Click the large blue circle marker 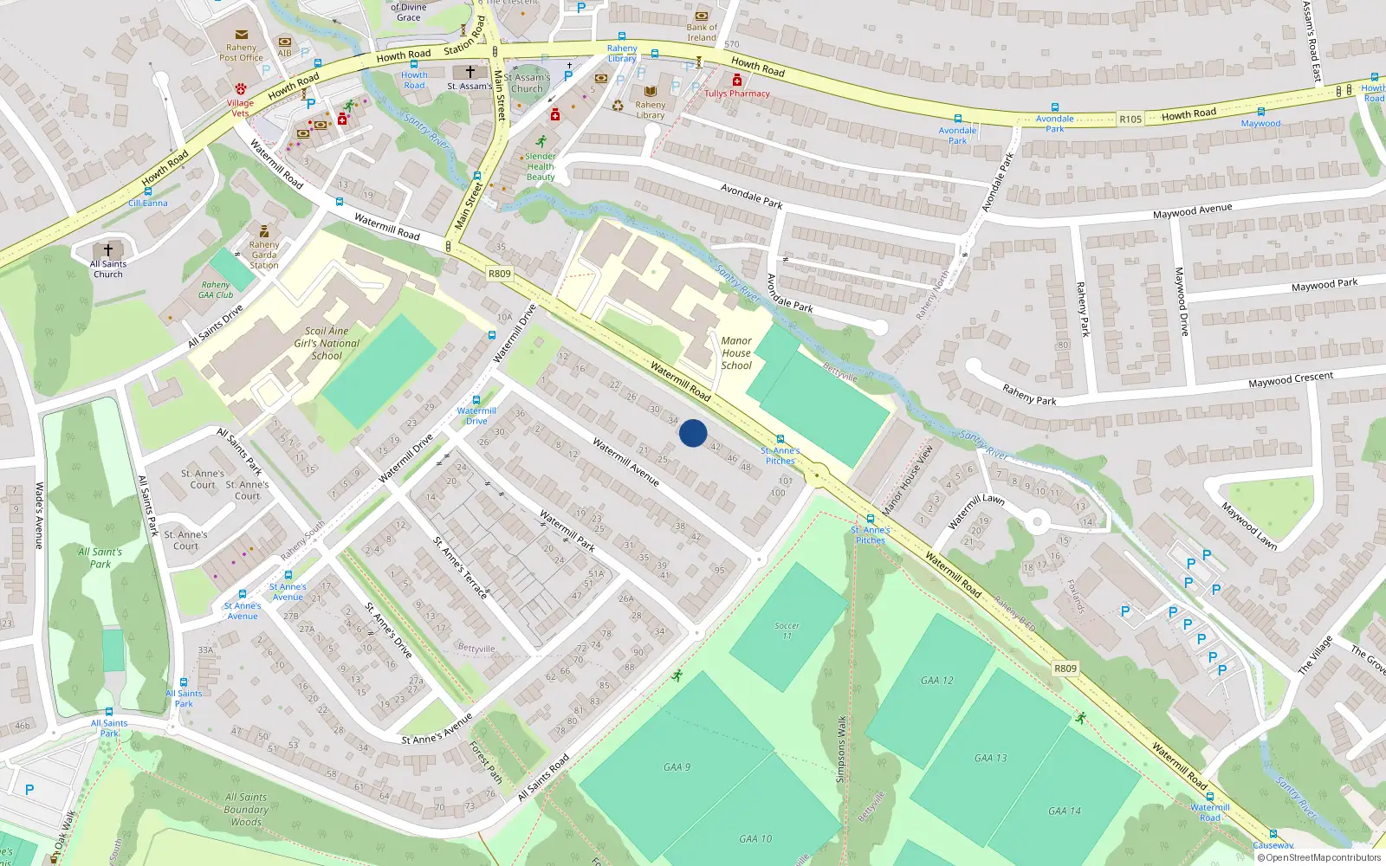(693, 433)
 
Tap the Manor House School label (736, 353)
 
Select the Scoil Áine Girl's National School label (327, 343)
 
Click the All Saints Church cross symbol (108, 249)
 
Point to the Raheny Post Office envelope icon (242, 36)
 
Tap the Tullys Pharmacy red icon (737, 81)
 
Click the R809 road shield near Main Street (500, 274)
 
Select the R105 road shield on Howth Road (1130, 120)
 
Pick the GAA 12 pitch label (937, 681)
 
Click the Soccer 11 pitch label (787, 630)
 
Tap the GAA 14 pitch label (1065, 811)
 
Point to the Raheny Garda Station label (264, 255)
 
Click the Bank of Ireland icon (702, 16)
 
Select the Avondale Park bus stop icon (957, 119)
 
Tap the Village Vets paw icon (241, 89)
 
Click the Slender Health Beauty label (541, 166)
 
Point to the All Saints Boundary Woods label (246, 810)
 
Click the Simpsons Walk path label (840, 749)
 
